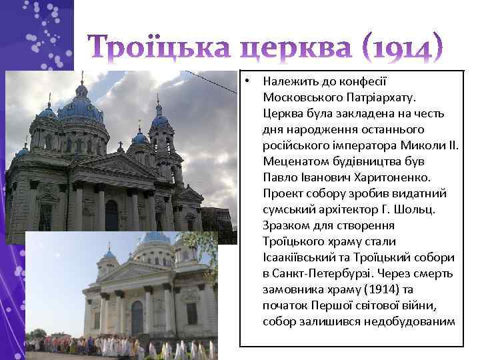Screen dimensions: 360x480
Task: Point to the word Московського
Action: click(300, 97)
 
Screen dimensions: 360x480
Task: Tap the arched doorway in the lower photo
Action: click(137, 317)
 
